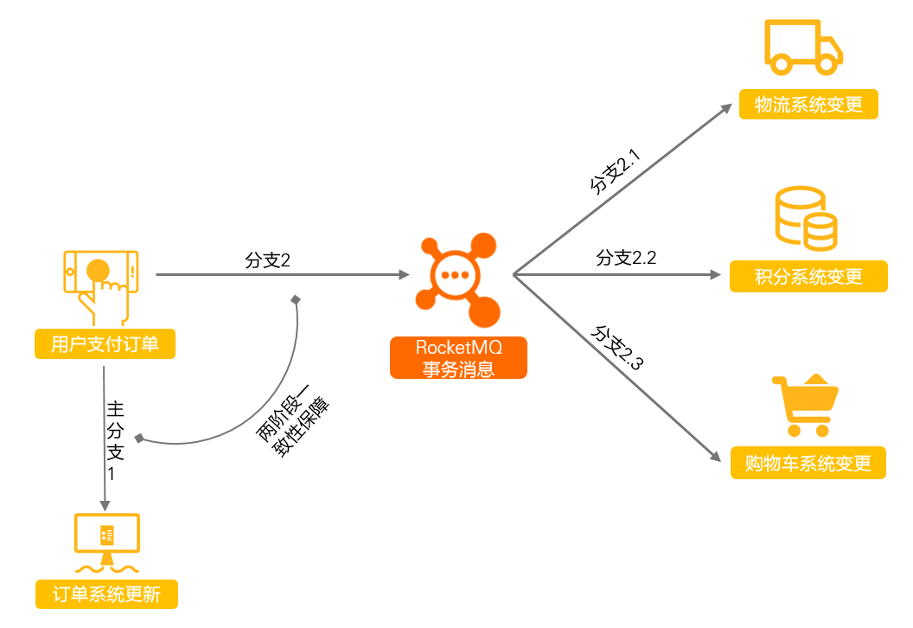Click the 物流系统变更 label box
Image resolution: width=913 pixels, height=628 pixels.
point(808,105)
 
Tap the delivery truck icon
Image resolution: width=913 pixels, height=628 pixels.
point(803,48)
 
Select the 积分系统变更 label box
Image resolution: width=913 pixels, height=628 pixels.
point(808,276)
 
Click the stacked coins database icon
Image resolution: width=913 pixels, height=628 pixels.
point(806,219)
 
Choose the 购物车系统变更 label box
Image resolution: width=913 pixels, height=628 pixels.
point(808,463)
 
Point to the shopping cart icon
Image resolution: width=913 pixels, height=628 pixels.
point(805,406)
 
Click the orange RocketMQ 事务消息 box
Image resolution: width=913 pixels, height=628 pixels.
point(458,358)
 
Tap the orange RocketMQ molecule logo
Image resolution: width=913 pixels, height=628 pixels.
point(457,279)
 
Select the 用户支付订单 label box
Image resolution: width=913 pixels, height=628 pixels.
point(105,343)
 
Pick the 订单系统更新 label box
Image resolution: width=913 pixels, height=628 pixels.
point(106,594)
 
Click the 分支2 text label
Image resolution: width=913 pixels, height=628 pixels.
point(267,260)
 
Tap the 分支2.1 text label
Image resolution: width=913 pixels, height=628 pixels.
point(616,170)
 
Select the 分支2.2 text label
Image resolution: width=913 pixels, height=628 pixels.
point(626,258)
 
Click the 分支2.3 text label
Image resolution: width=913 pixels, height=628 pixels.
point(617,348)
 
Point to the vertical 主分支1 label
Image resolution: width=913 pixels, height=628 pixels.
point(115,441)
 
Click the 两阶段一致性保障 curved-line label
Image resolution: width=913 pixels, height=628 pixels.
point(292,420)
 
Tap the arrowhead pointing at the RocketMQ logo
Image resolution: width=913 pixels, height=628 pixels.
point(404,274)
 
